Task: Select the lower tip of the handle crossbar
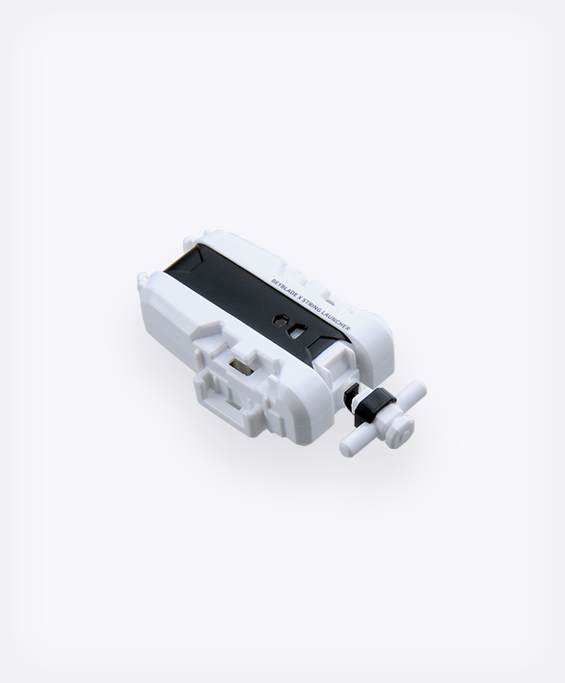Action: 347,448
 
